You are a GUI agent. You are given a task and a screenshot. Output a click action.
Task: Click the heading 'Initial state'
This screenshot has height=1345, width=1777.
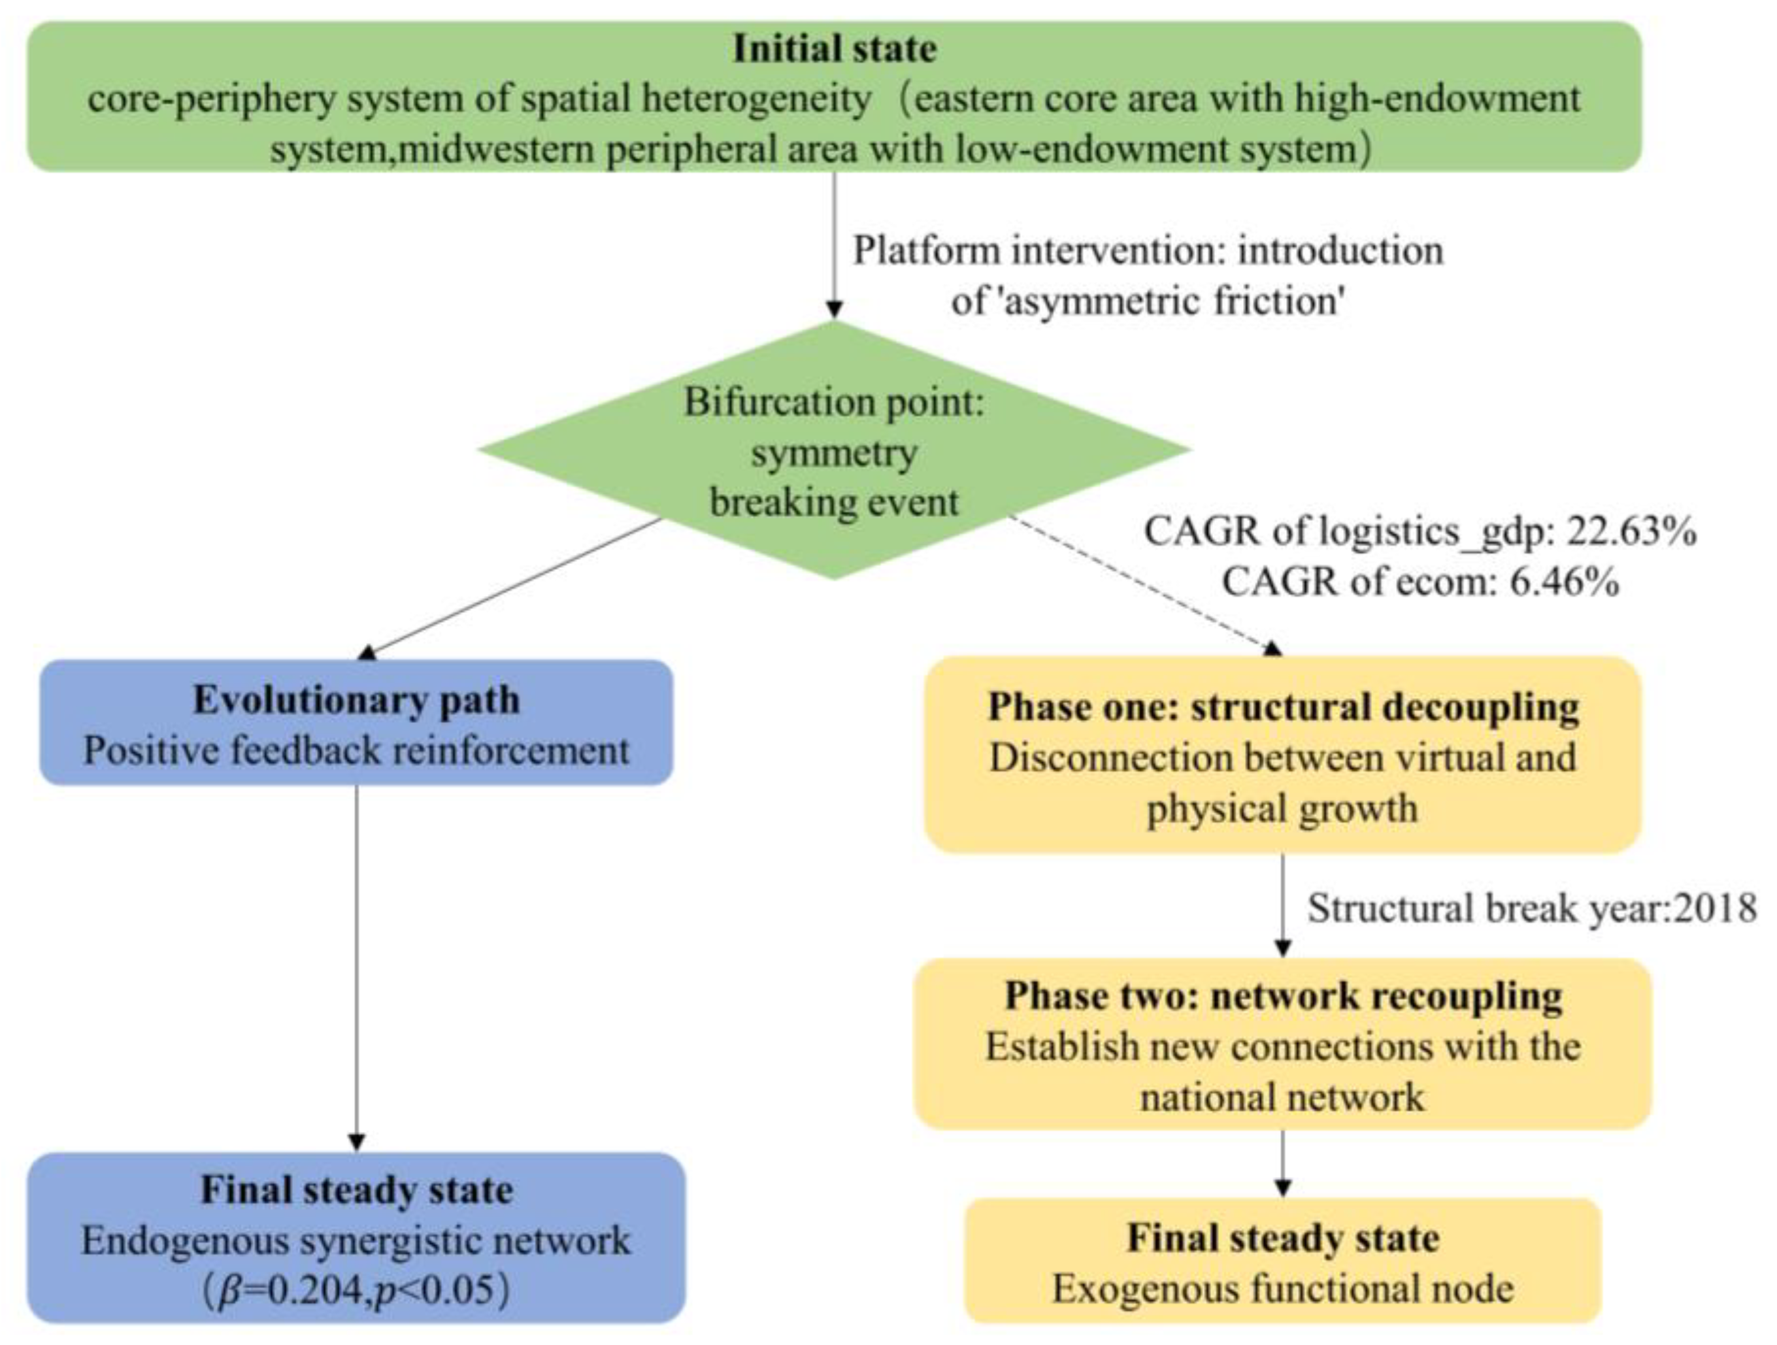pos(834,48)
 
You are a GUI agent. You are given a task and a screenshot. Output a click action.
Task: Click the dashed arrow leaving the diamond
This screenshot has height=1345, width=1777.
pos(1140,582)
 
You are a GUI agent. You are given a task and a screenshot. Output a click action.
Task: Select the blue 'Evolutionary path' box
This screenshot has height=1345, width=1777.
pos(357,722)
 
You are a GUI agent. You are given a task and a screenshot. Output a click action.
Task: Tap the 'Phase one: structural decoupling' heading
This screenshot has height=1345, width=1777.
pos(1283,707)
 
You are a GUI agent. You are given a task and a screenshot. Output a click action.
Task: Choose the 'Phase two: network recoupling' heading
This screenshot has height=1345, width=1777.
pos(1283,996)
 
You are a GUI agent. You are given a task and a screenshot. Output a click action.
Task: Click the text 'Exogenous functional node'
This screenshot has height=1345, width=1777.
pos(1283,1289)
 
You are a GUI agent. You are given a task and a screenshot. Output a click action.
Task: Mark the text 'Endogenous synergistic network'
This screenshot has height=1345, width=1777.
pos(357,1240)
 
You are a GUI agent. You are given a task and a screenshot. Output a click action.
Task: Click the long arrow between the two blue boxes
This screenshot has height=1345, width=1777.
pos(357,964)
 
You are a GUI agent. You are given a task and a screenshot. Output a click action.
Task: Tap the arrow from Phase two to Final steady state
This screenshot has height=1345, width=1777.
pos(1283,1163)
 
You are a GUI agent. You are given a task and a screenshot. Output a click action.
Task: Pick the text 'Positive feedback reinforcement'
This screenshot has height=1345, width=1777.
pos(357,751)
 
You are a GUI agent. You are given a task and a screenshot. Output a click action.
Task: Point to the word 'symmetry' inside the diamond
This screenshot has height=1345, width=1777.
pos(834,453)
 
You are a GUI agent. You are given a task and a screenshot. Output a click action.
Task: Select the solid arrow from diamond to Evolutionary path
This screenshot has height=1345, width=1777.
pos(514,586)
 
